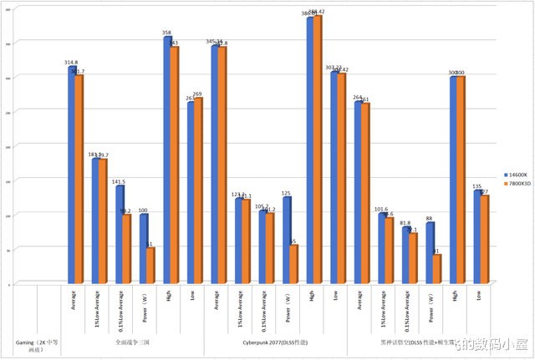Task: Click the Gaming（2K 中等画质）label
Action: point(36,346)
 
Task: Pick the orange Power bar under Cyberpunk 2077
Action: point(294,265)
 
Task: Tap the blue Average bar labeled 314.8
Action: point(71,175)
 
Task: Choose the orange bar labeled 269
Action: point(199,191)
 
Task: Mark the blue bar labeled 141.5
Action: point(120,235)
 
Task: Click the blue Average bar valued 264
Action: point(357,193)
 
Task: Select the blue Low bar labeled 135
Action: point(476,237)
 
